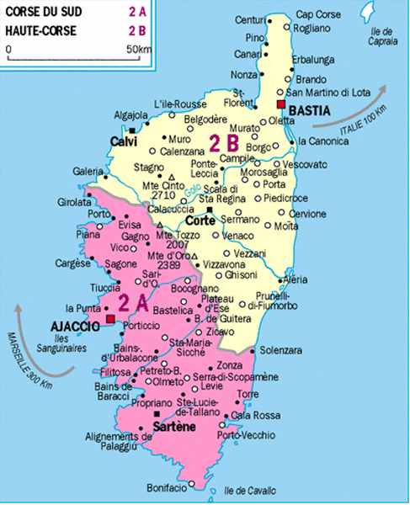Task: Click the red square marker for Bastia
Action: pyautogui.click(x=280, y=104)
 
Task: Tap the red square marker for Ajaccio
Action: pyautogui.click(x=110, y=320)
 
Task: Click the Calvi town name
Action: pyautogui.click(x=123, y=141)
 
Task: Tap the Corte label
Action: pyautogui.click(x=200, y=221)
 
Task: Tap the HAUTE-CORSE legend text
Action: pyautogui.click(x=40, y=30)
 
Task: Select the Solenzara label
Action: pyautogui.click(x=281, y=349)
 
